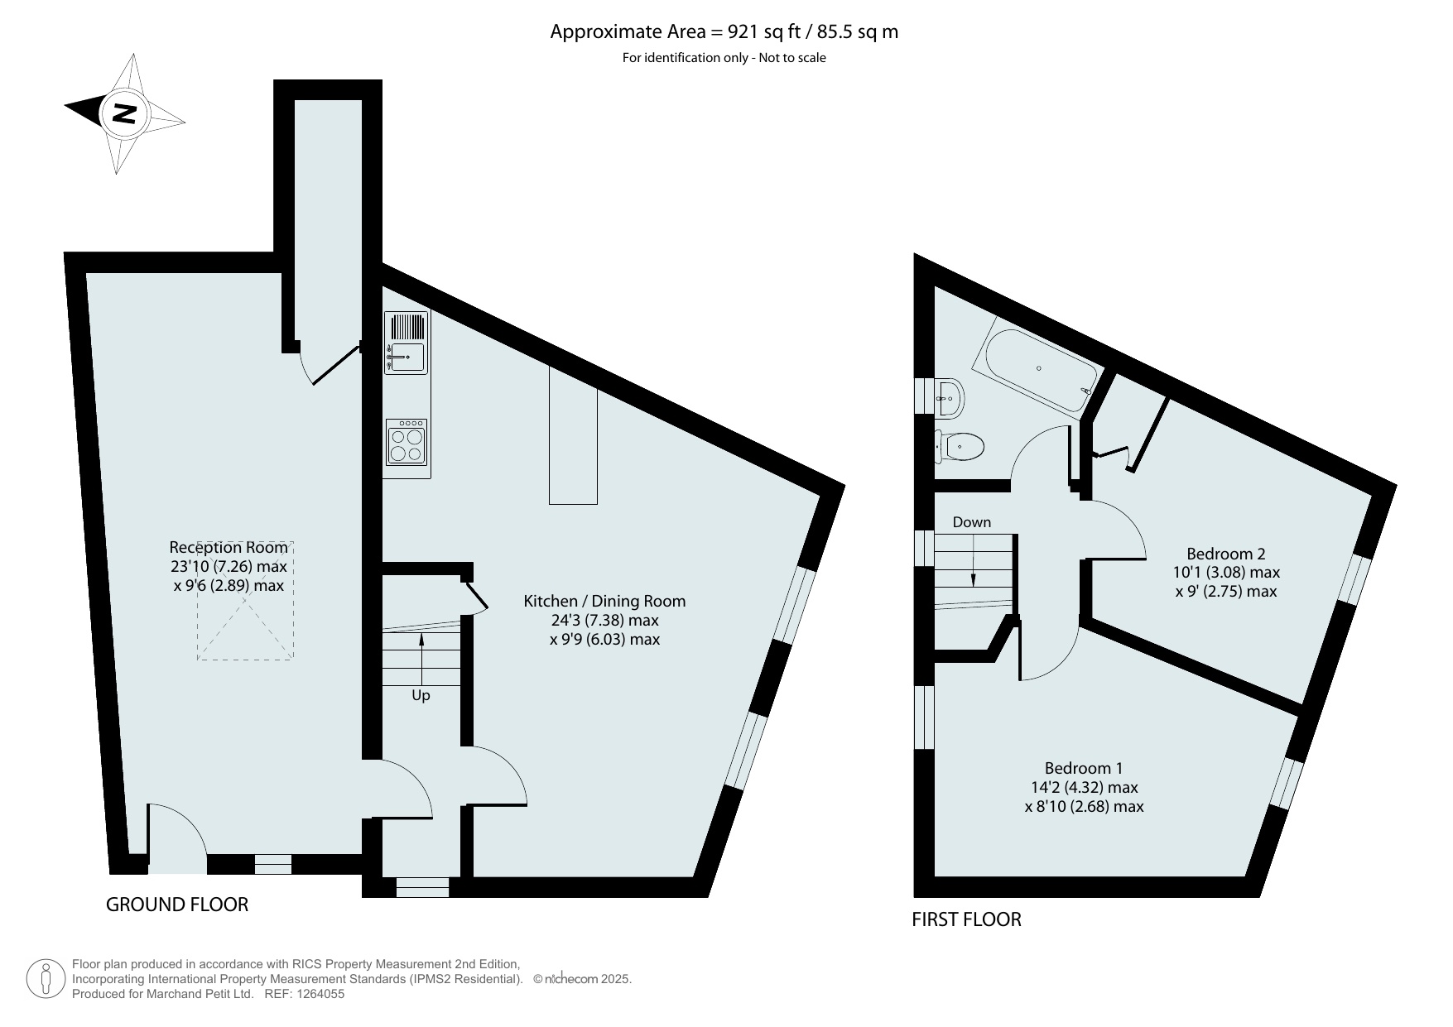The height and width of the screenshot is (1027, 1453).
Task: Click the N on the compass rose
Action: (x=124, y=113)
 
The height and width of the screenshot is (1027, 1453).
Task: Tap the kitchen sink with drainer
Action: (x=407, y=343)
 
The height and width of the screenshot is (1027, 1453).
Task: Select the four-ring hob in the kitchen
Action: (x=407, y=443)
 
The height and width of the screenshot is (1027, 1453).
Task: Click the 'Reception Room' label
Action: (x=229, y=548)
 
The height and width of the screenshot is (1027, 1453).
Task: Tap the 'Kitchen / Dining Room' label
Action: (x=604, y=602)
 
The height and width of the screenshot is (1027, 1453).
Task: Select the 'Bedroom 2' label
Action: (x=1226, y=554)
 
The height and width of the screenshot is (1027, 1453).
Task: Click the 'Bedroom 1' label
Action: (x=1084, y=769)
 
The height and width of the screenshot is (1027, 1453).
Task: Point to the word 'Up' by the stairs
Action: (x=421, y=696)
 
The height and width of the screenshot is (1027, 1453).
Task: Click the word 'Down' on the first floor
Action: (x=972, y=522)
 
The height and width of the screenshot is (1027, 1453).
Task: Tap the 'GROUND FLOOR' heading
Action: (x=177, y=905)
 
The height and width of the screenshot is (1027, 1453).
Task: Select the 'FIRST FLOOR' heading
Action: (x=967, y=919)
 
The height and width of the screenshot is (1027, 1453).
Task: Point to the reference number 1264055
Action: (x=315, y=995)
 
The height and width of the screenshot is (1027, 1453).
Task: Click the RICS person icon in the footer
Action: (x=46, y=978)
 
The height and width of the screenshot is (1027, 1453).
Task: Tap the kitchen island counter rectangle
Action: (x=573, y=435)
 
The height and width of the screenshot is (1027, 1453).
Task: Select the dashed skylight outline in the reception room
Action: (x=245, y=601)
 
